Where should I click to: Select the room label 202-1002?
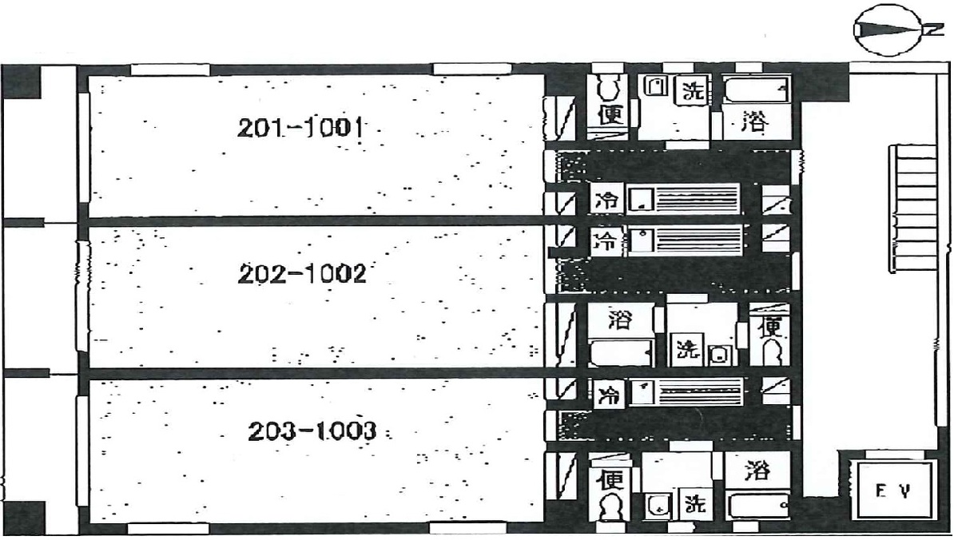click(302, 275)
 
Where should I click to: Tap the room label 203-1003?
click(311, 432)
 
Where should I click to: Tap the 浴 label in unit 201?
click(754, 123)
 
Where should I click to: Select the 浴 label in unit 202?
click(619, 320)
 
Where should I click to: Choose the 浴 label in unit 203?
click(755, 471)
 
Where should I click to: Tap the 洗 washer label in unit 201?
click(692, 90)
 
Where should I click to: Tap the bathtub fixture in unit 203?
click(758, 505)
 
